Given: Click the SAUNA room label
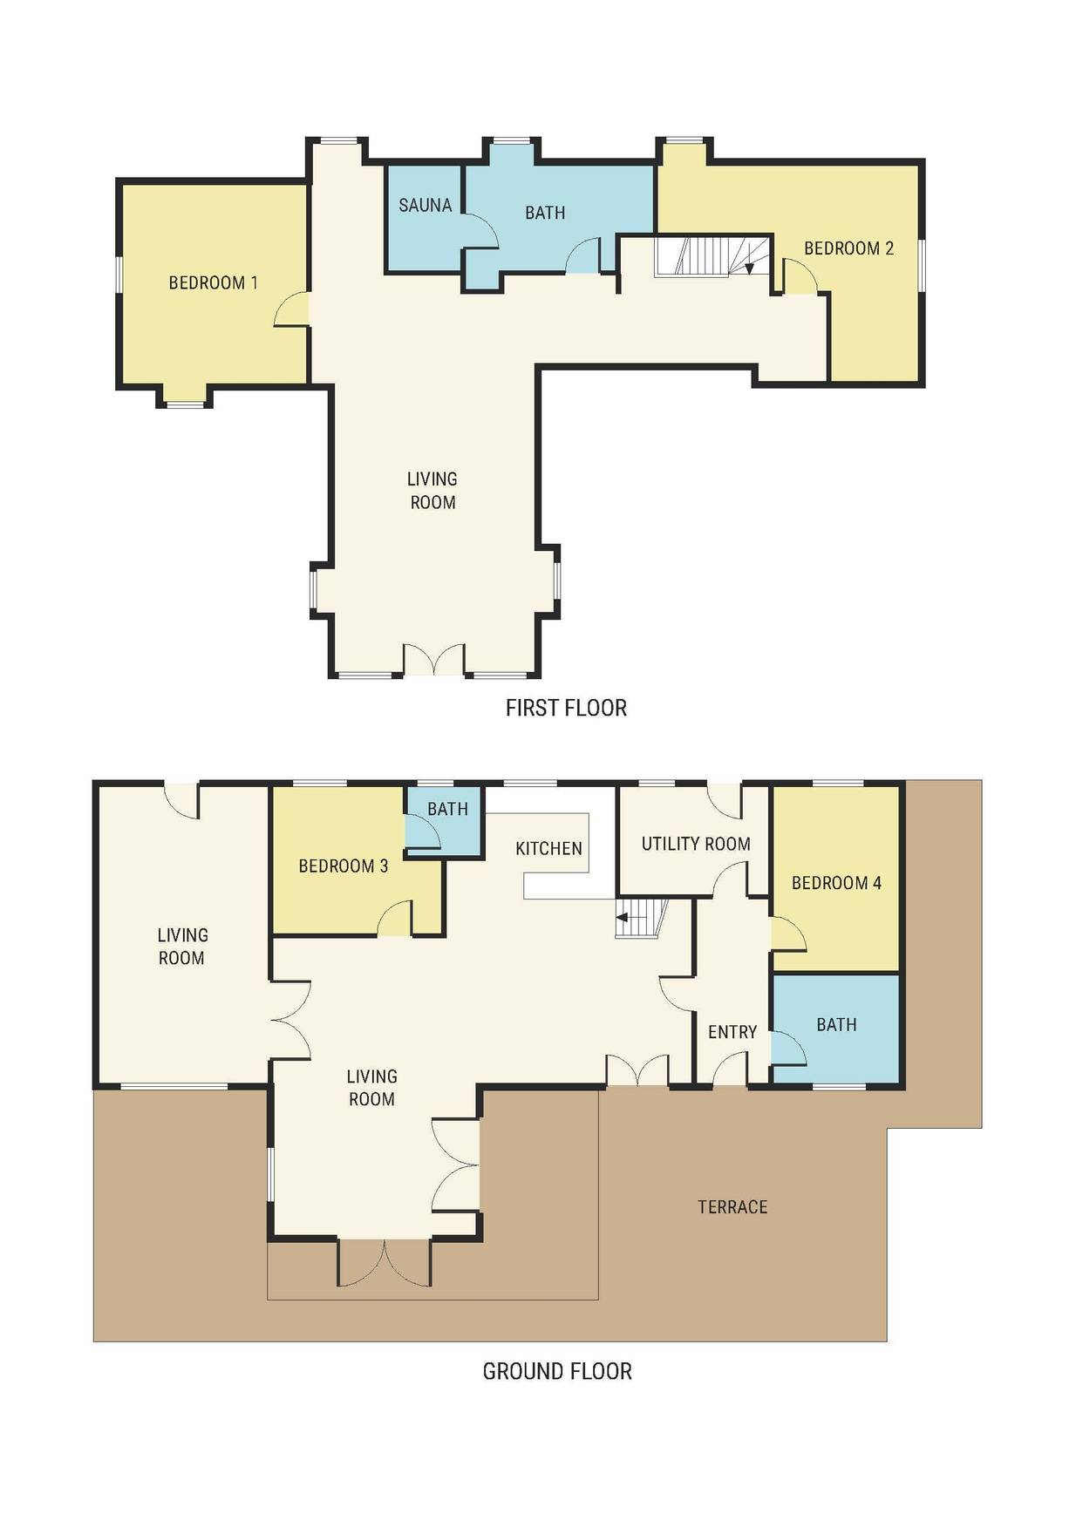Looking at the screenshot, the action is pos(425,206).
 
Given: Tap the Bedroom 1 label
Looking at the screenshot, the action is pos(213,282).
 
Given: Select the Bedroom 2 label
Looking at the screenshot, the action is pos(848,248).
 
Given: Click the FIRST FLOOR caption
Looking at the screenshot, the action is pos(566,708).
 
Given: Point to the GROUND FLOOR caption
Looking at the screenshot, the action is pos(557,1371).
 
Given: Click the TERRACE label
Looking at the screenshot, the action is pos(732,1207).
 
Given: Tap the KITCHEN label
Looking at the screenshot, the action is pos(548,848).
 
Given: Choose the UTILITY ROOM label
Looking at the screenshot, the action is pos(696,844).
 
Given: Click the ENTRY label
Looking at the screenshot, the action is pos(732,1032).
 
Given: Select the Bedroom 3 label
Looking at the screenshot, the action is pos(343,866).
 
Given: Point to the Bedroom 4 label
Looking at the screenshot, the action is pos(836,883).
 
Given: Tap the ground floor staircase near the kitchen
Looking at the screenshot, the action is pos(642,919).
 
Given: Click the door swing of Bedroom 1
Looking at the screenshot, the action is pos(292,309).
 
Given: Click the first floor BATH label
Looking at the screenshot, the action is pos(545,213).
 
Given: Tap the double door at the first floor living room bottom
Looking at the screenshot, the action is pos(433,660).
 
